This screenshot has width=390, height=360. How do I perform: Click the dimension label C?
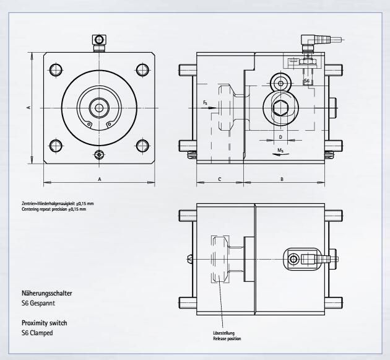220,179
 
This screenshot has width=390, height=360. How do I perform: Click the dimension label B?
282,179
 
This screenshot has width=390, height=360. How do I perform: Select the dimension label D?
280,137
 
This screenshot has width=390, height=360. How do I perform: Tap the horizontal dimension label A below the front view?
100,179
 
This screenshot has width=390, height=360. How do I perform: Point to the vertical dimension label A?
29,107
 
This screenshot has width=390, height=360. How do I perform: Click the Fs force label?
205,103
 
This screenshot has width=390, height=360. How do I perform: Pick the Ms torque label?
280,150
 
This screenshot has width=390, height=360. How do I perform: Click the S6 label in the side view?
306,81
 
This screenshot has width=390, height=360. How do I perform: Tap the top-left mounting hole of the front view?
56,70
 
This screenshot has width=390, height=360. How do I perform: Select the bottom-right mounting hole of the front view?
142,146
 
